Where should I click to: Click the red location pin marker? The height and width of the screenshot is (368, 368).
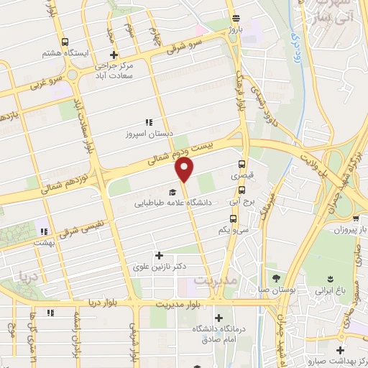tap(185, 170)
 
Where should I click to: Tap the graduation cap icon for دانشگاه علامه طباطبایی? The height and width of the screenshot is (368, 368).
tap(172, 192)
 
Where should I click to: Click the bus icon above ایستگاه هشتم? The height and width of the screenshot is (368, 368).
tap(65, 42)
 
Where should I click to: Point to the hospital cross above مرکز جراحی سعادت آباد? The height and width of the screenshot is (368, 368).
tap(113, 55)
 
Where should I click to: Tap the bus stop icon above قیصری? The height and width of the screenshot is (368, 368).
tap(242, 162)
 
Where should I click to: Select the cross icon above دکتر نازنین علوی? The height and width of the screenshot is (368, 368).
tap(160, 254)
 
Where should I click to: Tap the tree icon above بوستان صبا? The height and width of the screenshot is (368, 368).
tap(276, 279)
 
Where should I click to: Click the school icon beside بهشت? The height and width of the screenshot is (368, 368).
tap(44, 231)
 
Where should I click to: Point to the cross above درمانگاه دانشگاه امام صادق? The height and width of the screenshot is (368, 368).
tap(218, 317)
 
